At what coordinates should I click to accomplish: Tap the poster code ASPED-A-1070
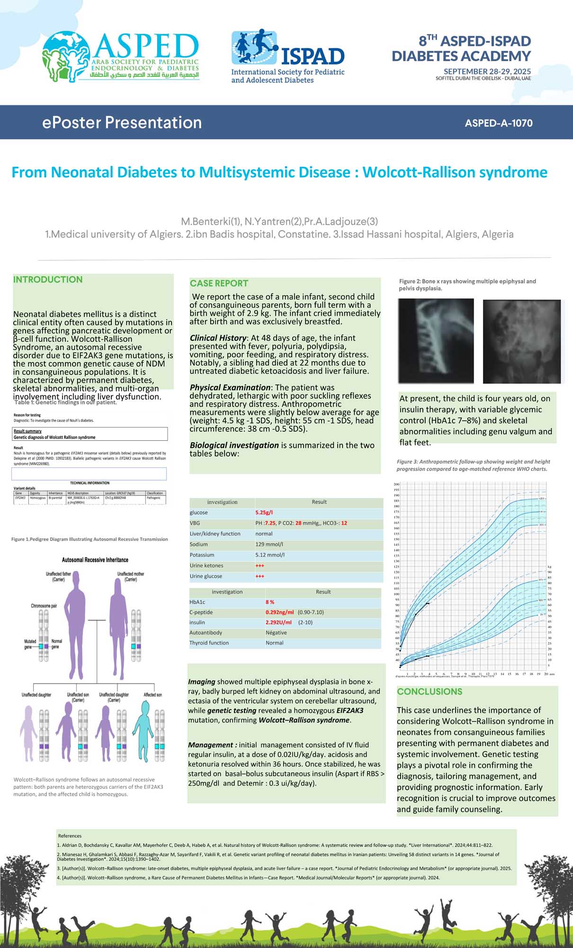tap(499, 123)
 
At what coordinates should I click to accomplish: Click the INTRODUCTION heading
tap(48, 280)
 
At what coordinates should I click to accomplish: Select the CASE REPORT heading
tap(219, 283)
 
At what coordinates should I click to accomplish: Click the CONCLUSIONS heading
tap(430, 692)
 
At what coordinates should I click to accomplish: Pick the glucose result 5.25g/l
tap(264, 512)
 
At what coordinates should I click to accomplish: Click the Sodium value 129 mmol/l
tap(269, 544)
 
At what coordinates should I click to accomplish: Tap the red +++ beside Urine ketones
tap(260, 565)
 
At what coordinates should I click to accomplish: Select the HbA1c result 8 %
tap(270, 602)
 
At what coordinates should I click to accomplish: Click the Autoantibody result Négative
tap(276, 633)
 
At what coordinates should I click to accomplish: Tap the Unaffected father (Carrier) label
tap(58, 576)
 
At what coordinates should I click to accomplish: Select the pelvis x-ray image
tap(521, 341)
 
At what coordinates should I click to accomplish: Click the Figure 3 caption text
tap(473, 465)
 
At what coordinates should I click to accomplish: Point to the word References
tap(70, 836)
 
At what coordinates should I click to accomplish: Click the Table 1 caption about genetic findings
tap(65, 402)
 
